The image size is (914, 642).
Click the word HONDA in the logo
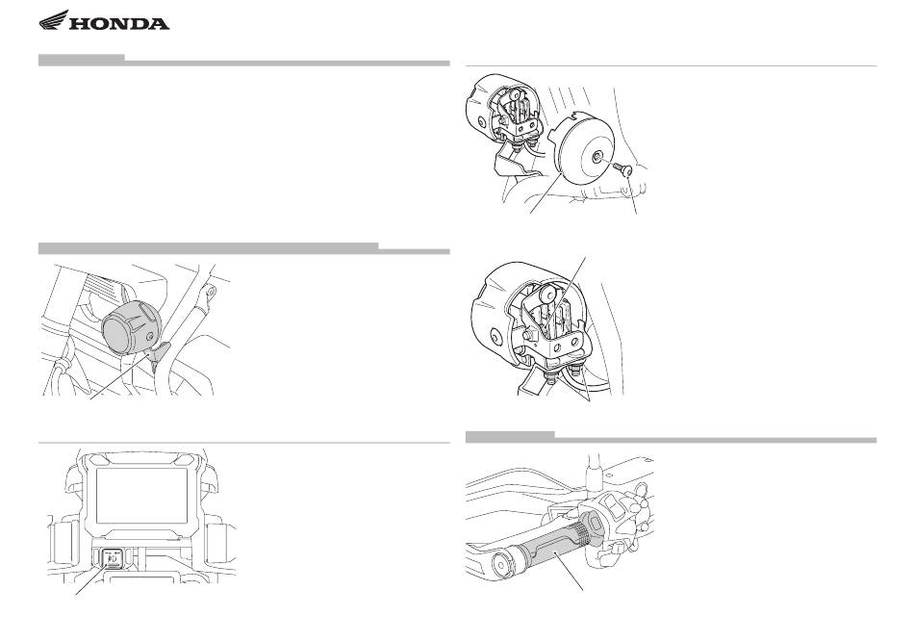coord(119,24)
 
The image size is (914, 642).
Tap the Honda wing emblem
coord(54,20)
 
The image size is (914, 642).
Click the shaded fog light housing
coord(130,327)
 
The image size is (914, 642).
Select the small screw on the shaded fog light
coord(151,337)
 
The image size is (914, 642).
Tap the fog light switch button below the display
coord(113,558)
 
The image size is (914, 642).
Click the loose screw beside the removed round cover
coord(623,168)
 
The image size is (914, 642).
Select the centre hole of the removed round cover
coord(598,156)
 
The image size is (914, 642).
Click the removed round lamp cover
coord(586,150)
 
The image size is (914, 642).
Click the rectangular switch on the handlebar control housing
coord(615,502)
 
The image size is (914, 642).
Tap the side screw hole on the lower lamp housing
coord(496,337)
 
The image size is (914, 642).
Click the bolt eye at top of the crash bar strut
coord(211,290)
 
